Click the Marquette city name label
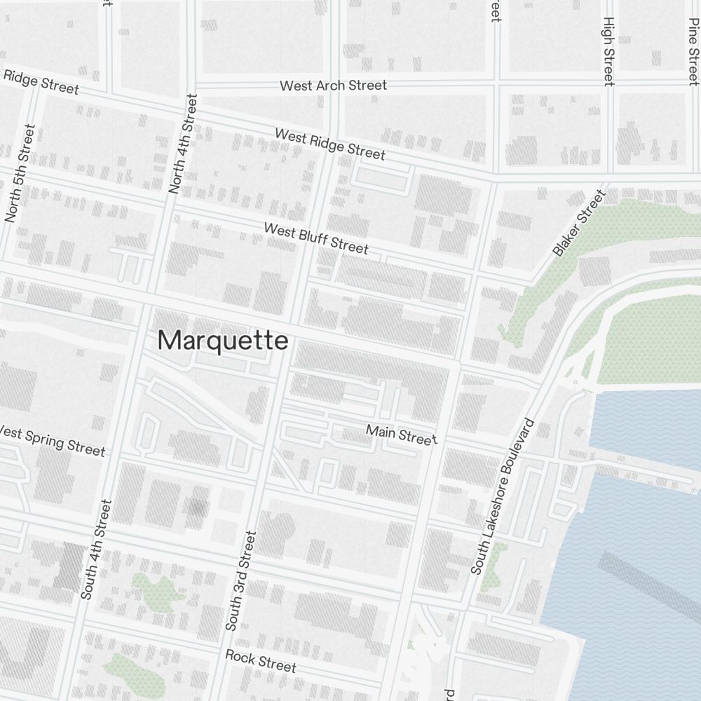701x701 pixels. [x=223, y=341]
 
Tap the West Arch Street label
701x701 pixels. [x=333, y=86]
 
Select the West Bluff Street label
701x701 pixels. [x=315, y=238]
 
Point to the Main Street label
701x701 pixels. [x=402, y=434]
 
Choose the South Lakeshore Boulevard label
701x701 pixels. [x=503, y=497]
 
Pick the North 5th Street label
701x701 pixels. [x=19, y=173]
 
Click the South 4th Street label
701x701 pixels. [x=96, y=549]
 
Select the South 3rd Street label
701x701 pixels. [x=241, y=580]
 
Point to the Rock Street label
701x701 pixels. [x=261, y=660]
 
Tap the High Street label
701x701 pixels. [x=608, y=51]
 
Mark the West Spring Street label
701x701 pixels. [x=53, y=440]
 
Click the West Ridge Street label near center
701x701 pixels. [x=329, y=143]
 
